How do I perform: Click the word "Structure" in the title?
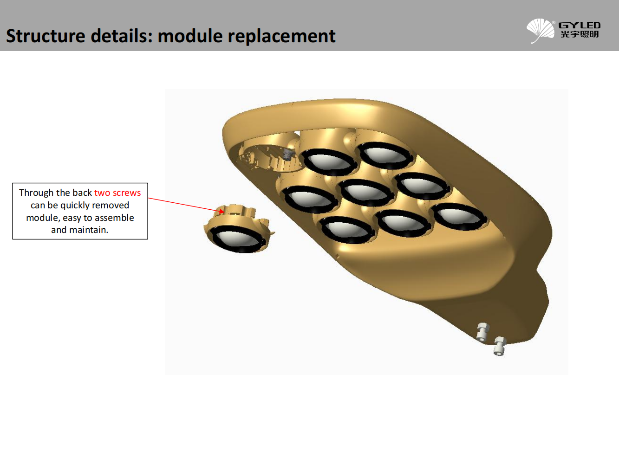point(46,36)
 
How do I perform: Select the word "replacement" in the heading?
point(281,37)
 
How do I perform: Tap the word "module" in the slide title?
point(190,36)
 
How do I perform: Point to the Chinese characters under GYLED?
point(580,34)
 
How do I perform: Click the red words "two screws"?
point(117,193)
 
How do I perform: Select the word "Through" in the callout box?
point(36,193)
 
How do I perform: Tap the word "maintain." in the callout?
point(89,230)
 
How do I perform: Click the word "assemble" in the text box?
point(114,218)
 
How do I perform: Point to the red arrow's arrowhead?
point(221,210)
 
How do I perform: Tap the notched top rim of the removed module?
point(235,211)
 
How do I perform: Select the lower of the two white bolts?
point(500,346)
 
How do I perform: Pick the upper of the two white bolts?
point(482,332)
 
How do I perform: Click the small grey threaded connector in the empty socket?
point(288,155)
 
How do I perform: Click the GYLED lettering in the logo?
point(580,26)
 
